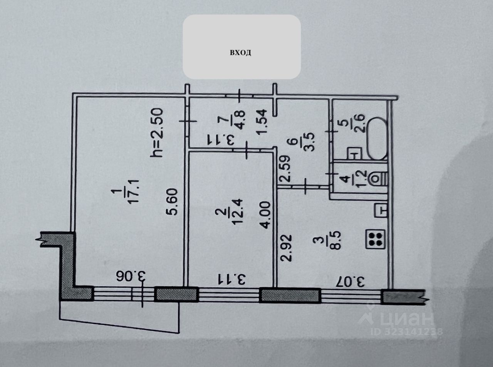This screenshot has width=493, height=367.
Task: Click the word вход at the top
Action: [x=241, y=53]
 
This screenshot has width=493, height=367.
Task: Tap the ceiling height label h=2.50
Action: [x=158, y=133]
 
